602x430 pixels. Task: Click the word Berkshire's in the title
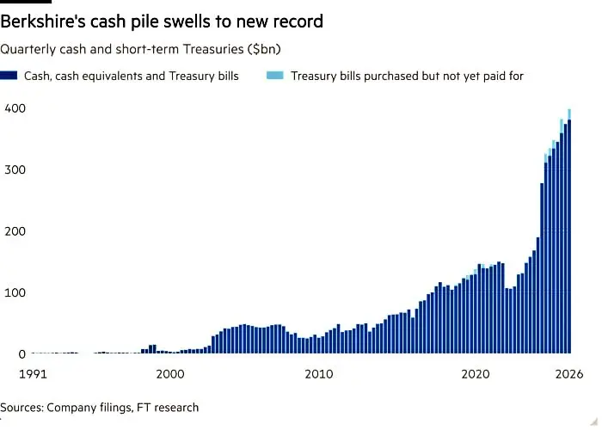[43, 21]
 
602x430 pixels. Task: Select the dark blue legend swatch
[9, 76]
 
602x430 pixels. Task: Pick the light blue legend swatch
[275, 76]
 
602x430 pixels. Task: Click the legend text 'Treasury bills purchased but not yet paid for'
[407, 76]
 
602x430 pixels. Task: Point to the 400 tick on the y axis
[15, 108]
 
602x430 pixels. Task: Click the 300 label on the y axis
[15, 169]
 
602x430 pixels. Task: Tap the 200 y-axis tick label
[15, 231]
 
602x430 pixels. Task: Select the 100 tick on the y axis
[15, 292]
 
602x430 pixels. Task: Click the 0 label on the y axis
[21, 354]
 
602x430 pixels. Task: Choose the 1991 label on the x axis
[33, 374]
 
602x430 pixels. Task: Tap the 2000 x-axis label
[170, 374]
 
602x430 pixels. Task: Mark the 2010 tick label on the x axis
[319, 374]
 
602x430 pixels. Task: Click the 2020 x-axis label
[476, 374]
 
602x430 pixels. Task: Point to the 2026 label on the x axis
[569, 374]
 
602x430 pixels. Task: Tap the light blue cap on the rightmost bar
[569, 114]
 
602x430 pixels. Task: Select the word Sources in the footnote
[21, 408]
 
